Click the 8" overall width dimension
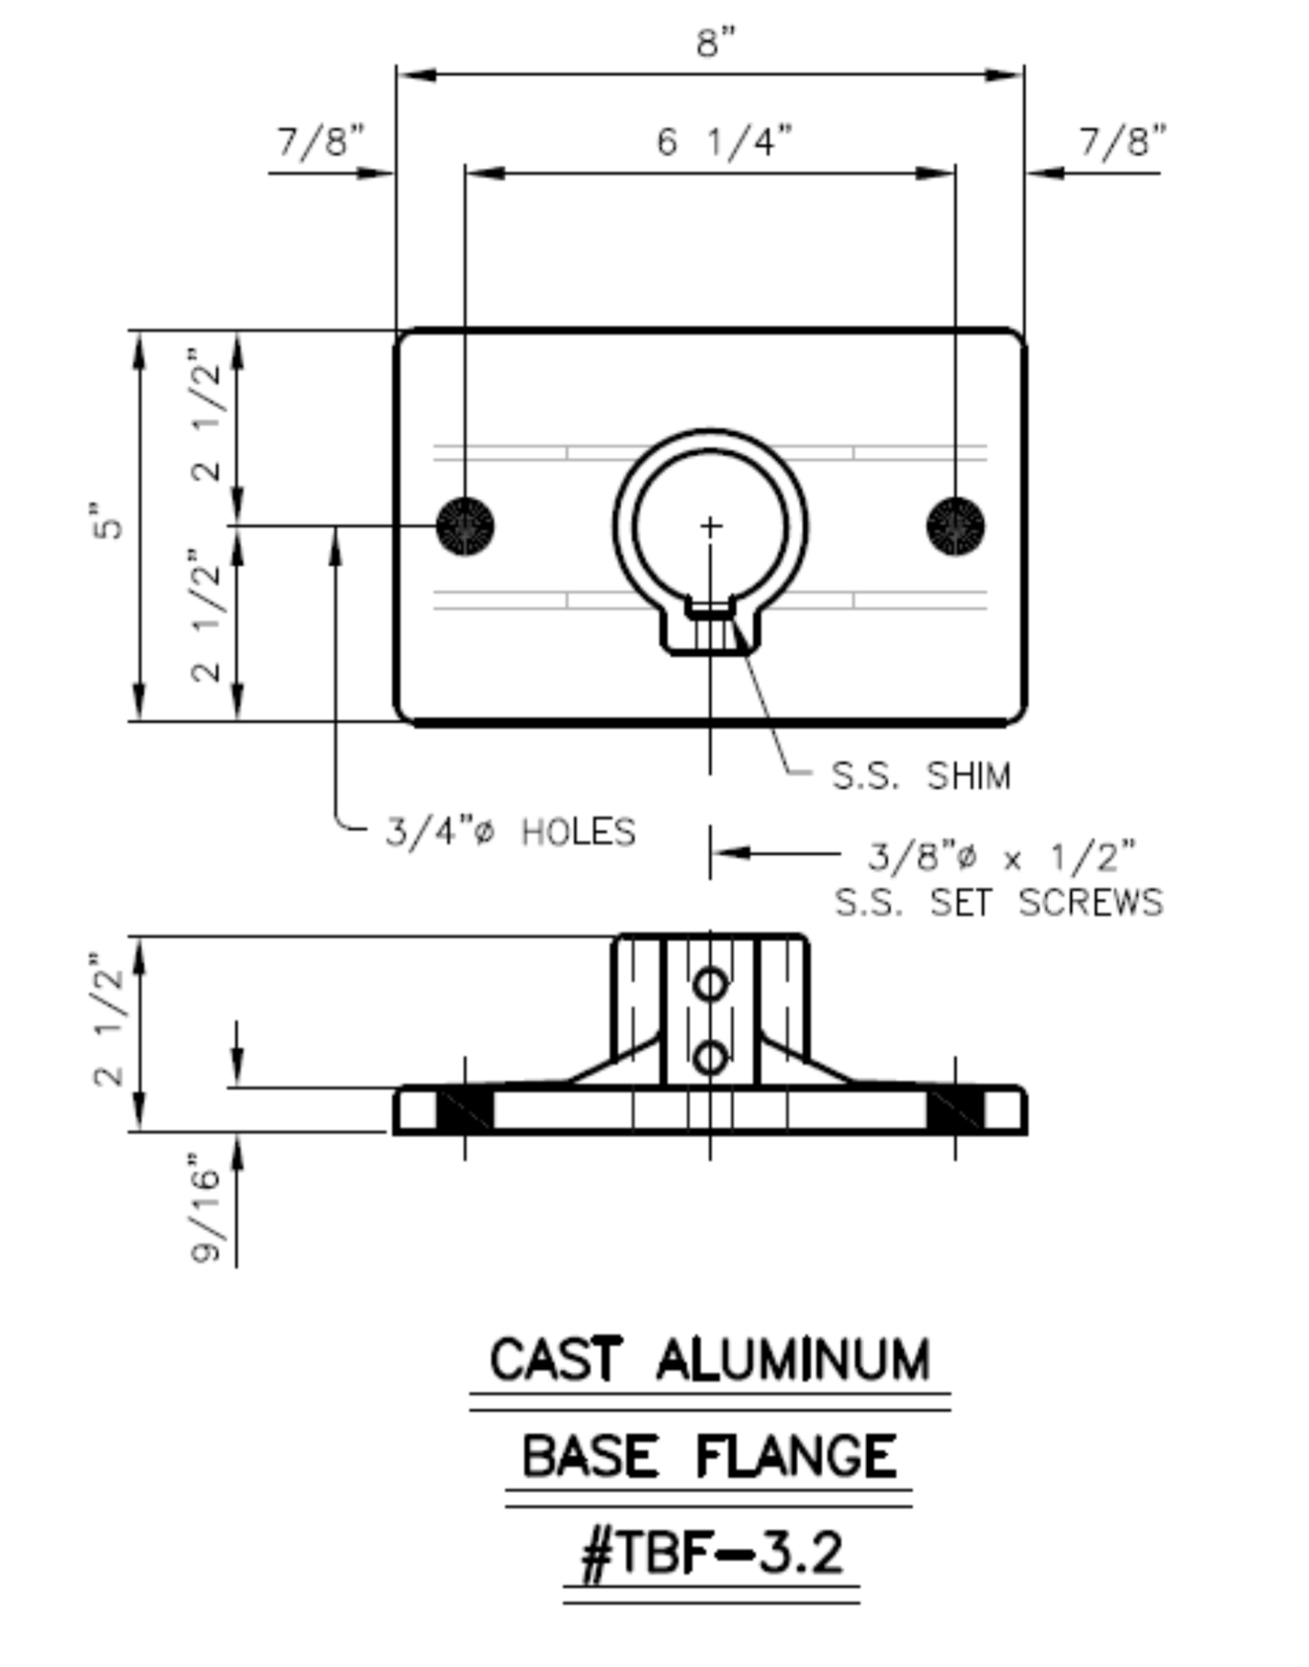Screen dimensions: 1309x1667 pos(716,42)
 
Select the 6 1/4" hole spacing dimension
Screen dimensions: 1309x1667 pos(724,141)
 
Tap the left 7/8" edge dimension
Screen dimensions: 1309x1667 pos(321,141)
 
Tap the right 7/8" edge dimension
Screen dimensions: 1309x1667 pos(1122,141)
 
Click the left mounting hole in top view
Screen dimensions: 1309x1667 pos(466,525)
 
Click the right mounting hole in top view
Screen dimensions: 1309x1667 pos(956,525)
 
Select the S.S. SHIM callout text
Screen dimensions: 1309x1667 pos(920,776)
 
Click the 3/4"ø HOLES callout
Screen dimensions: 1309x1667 pos(511,832)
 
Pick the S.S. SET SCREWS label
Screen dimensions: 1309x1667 pos(998,902)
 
